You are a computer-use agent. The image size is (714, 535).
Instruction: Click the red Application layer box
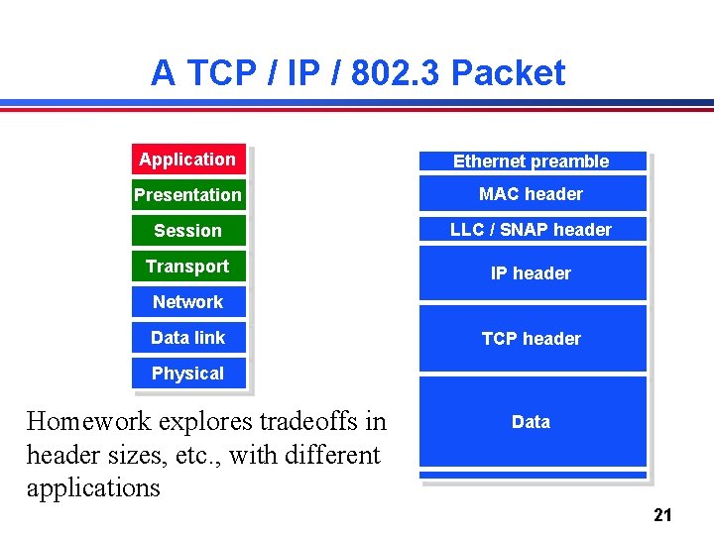click(187, 160)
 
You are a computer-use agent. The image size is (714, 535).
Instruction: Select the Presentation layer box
click(187, 195)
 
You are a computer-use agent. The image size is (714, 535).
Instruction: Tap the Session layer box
click(187, 231)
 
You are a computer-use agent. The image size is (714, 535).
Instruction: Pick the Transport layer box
click(187, 267)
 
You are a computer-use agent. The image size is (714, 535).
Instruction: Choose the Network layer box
click(187, 302)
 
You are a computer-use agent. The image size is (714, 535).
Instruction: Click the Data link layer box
click(187, 338)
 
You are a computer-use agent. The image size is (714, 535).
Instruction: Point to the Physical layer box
click(187, 374)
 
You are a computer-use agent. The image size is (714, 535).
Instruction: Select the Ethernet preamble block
click(532, 161)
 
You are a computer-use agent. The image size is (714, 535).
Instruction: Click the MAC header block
click(532, 194)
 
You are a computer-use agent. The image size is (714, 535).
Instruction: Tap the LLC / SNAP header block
click(532, 230)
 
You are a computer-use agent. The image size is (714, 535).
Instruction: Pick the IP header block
click(532, 273)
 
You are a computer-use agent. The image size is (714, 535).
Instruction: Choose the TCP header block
click(532, 339)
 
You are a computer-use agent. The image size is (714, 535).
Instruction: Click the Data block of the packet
click(532, 422)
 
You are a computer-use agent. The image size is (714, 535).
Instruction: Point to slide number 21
click(663, 514)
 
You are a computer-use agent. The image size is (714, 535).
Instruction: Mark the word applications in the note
click(93, 488)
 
